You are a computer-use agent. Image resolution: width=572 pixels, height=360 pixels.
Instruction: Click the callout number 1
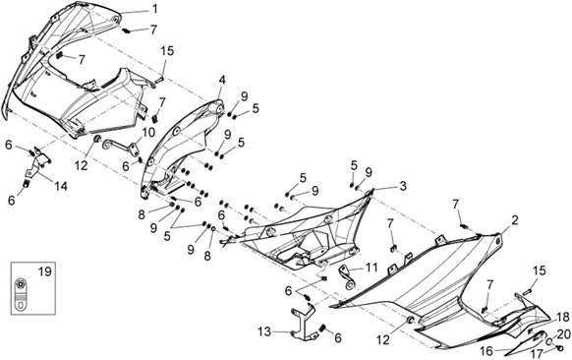click(x=155, y=9)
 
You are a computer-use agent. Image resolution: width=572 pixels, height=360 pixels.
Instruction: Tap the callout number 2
click(x=515, y=220)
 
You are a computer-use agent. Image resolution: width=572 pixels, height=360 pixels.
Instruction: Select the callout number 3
click(x=402, y=186)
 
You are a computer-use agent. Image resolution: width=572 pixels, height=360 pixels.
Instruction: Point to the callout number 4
click(x=222, y=81)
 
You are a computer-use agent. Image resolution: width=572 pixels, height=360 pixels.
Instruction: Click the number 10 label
click(x=148, y=132)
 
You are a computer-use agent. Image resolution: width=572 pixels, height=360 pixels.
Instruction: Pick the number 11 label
click(x=372, y=268)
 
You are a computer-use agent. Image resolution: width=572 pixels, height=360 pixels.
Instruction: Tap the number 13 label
click(x=264, y=331)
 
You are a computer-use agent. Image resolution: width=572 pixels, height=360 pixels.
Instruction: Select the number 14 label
click(x=61, y=187)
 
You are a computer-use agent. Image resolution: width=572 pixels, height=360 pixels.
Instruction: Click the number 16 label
click(x=487, y=351)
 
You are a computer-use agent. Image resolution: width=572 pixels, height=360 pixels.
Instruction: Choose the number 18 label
click(x=562, y=317)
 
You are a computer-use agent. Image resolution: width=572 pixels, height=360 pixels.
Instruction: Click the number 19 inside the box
click(x=45, y=272)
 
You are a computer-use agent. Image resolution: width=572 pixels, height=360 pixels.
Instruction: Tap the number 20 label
click(x=563, y=333)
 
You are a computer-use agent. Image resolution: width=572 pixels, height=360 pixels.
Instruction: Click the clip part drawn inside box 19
click(x=22, y=293)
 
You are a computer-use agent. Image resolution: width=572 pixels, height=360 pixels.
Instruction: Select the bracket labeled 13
click(x=303, y=323)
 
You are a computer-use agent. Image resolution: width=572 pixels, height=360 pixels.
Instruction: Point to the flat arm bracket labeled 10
click(x=120, y=147)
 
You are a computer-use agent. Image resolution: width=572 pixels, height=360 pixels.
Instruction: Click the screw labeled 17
click(x=560, y=347)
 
